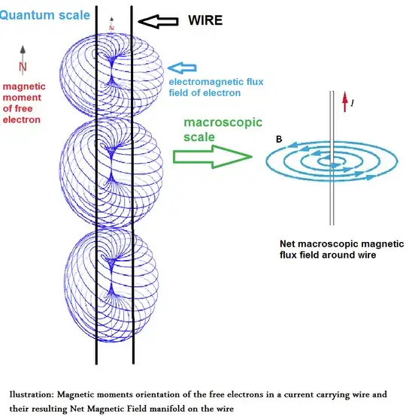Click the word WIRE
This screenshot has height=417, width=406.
(x=205, y=20)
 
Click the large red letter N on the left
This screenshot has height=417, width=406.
(x=23, y=68)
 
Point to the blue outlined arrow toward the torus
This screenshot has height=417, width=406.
(x=180, y=69)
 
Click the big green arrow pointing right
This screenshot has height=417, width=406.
(x=210, y=156)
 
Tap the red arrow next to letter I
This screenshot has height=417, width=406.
(x=346, y=101)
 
